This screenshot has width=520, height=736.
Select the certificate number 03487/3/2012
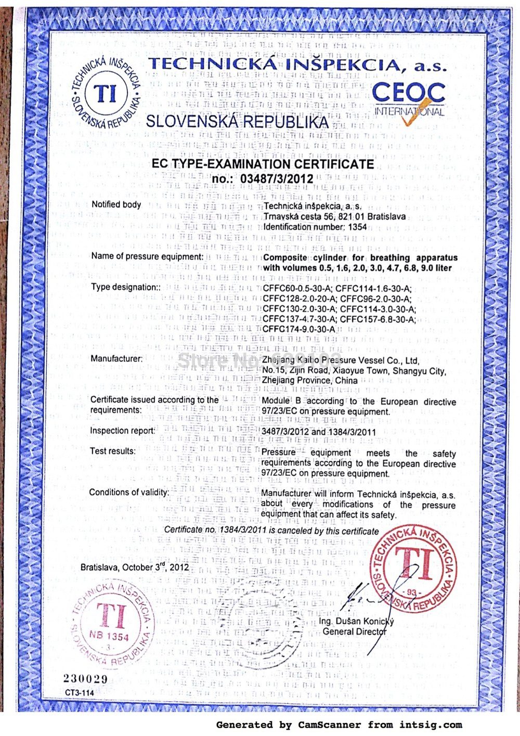pyautogui.click(x=277, y=179)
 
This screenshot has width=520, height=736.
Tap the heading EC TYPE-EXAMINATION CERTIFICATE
pyautogui.click(x=263, y=164)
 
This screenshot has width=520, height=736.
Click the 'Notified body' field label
pyautogui.click(x=116, y=204)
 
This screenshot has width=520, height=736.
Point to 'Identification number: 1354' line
pyautogui.click(x=315, y=227)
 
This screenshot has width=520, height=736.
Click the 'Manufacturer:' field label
pyautogui.click(x=116, y=358)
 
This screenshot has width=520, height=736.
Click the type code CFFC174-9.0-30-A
pyautogui.click(x=299, y=329)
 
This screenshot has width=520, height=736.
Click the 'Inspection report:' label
pyautogui.click(x=123, y=431)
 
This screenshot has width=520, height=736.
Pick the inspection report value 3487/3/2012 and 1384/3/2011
pyautogui.click(x=318, y=431)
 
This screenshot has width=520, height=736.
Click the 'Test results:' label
pyautogui.click(x=113, y=451)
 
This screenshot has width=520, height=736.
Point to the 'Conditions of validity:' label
pyautogui.click(x=129, y=492)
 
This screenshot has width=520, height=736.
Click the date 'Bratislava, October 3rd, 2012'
pyautogui.click(x=135, y=567)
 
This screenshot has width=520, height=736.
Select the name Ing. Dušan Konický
pyautogui.click(x=357, y=621)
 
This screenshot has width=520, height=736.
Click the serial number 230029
pyautogui.click(x=85, y=679)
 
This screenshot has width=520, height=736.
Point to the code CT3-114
pyautogui.click(x=80, y=693)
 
